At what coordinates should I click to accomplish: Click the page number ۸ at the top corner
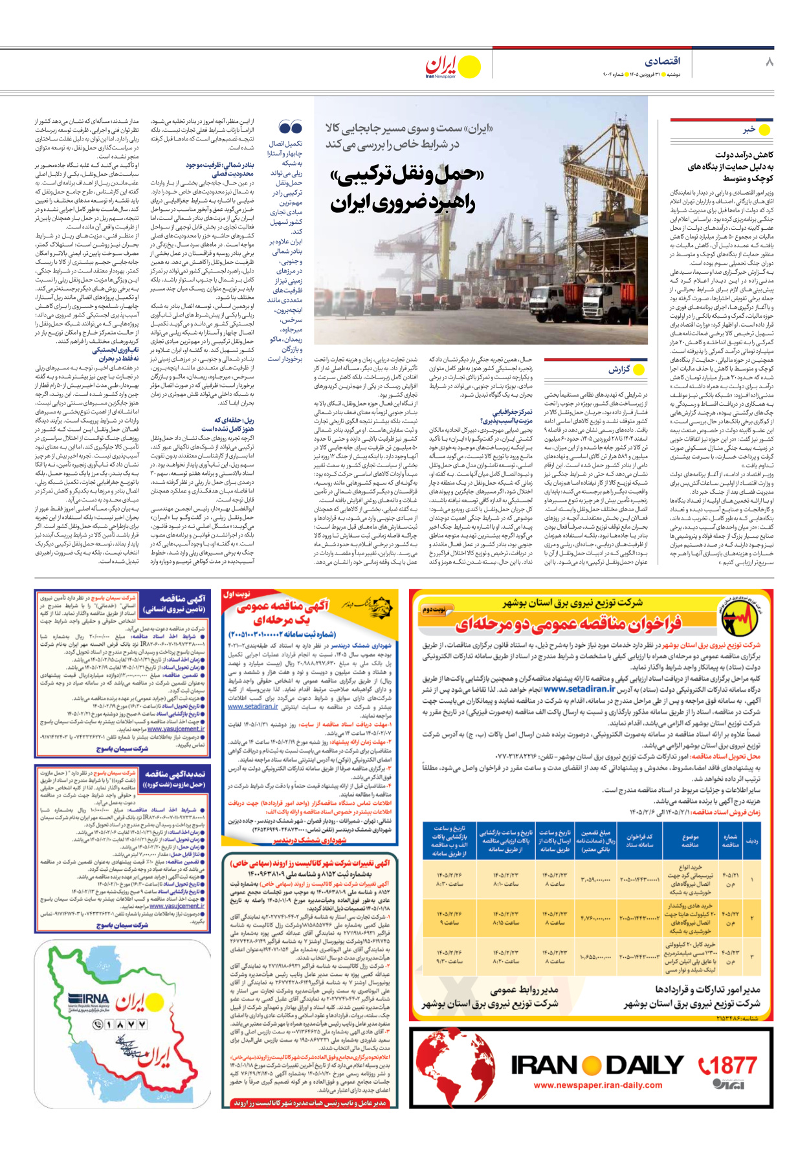click(x=769, y=62)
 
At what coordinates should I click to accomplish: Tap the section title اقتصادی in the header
click(x=662, y=61)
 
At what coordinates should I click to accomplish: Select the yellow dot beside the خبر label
click(x=764, y=130)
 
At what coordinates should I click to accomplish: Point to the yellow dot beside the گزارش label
click(x=639, y=370)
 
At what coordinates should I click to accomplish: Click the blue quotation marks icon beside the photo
click(x=291, y=127)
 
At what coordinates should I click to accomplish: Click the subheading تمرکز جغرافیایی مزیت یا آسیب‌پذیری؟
click(x=509, y=416)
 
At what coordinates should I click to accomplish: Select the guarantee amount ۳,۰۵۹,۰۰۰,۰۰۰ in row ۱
click(x=596, y=880)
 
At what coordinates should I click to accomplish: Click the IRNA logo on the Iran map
click(x=88, y=999)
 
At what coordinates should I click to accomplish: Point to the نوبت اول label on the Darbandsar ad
click(x=237, y=593)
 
